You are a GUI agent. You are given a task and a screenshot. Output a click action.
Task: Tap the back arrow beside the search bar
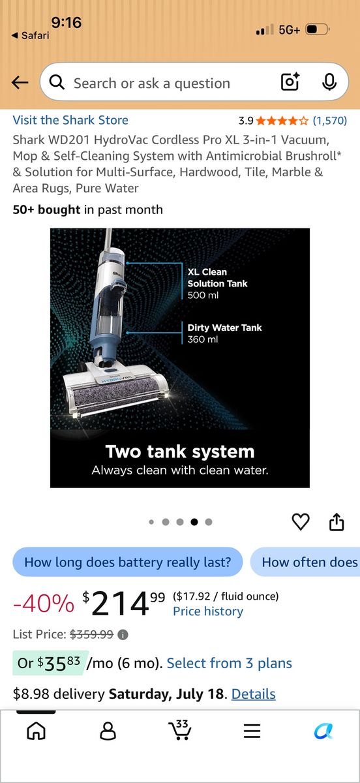[20, 83]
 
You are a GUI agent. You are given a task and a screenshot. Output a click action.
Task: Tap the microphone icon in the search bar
[329, 82]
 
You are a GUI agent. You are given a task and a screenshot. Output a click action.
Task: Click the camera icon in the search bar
[290, 82]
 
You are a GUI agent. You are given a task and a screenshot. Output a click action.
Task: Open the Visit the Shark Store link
[70, 120]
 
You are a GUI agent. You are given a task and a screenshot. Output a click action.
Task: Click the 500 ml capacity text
[203, 295]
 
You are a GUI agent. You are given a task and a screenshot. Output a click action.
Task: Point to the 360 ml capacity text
[203, 339]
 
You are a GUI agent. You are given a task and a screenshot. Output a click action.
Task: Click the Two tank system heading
[180, 452]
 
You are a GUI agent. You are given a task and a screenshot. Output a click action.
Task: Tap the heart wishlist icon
[301, 522]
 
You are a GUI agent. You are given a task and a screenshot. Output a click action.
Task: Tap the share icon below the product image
[337, 522]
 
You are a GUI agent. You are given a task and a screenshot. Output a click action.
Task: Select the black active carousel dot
[194, 522]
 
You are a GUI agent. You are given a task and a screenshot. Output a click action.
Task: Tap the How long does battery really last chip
[128, 562]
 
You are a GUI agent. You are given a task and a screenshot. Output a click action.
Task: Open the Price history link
[208, 611]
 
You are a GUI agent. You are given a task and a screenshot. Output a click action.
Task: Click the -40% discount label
[44, 604]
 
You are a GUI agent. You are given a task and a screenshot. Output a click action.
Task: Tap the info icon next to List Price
[123, 634]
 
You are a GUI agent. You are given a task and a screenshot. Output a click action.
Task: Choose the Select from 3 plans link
[230, 663]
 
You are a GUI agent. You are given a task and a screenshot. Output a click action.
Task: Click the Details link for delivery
[254, 694]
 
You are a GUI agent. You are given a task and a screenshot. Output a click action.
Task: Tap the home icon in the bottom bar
[36, 730]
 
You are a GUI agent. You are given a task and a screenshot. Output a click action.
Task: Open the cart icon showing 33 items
[180, 729]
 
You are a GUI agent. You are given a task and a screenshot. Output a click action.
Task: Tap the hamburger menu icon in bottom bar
[252, 731]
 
